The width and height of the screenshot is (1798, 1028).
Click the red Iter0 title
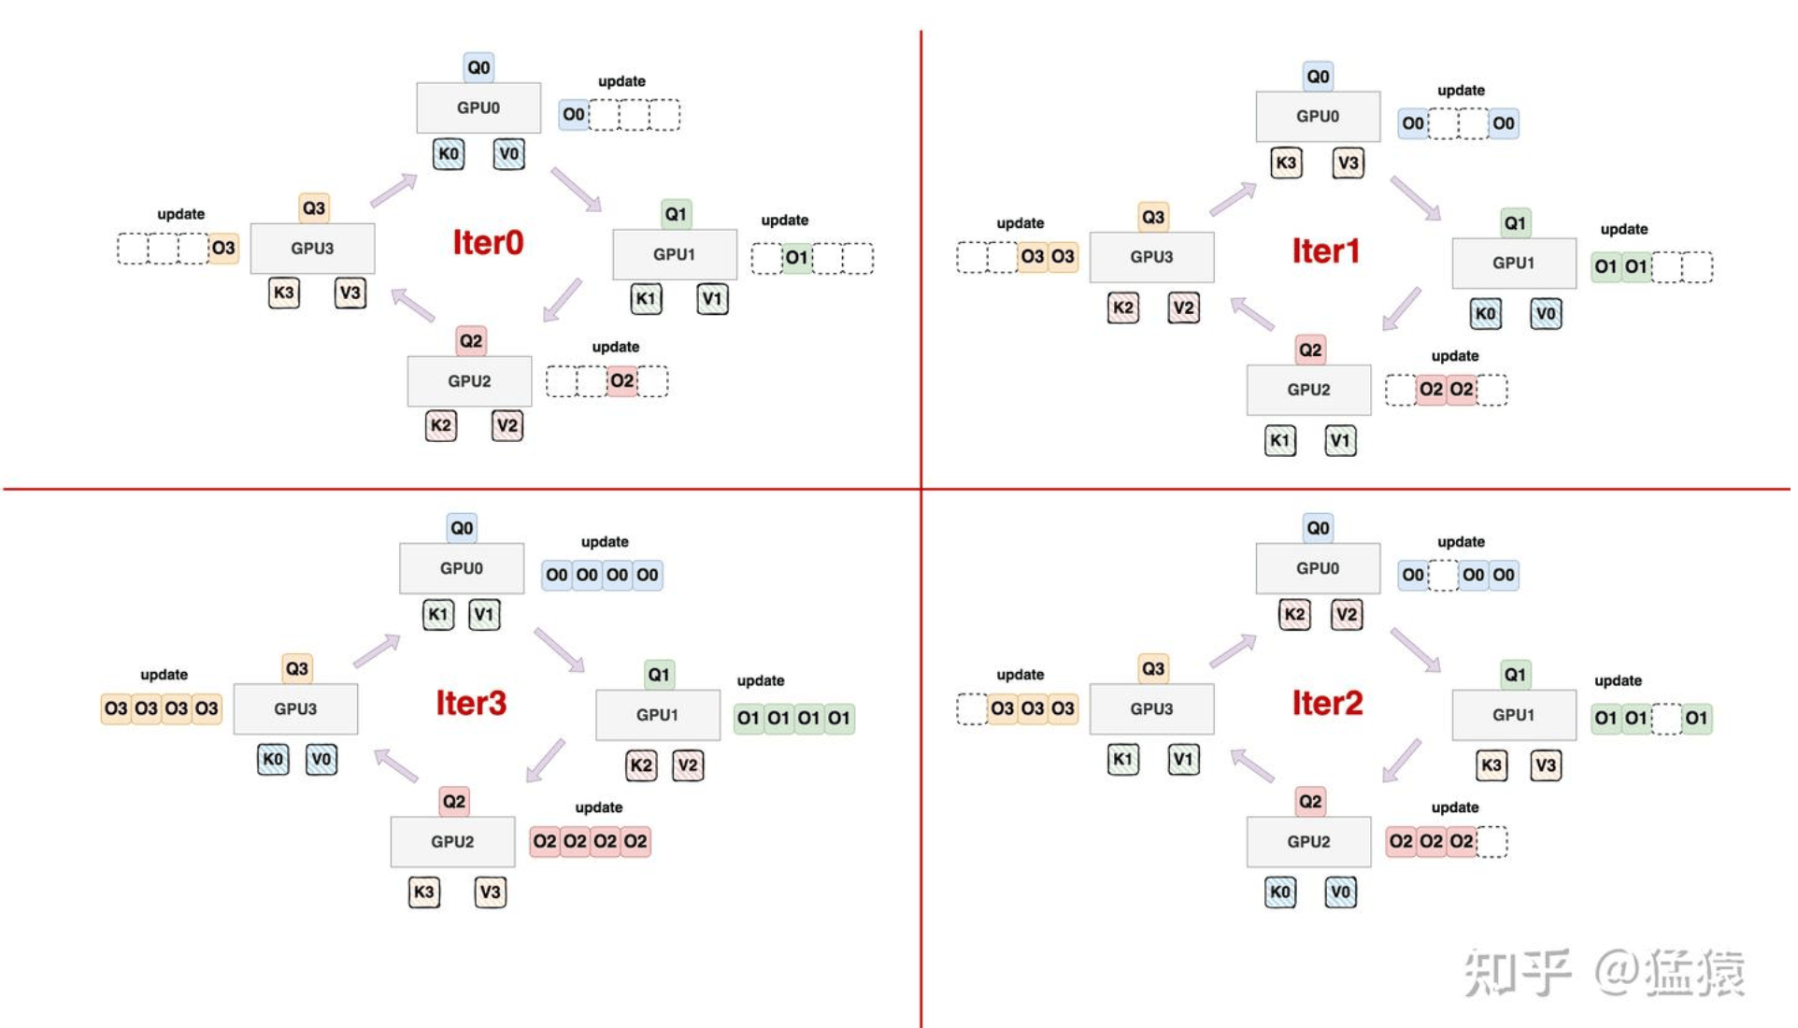pos(488,243)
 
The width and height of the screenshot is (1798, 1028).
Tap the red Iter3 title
pos(471,703)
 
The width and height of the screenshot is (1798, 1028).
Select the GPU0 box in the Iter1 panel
pos(1317,116)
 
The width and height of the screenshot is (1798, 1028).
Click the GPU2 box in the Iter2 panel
pos(1307,841)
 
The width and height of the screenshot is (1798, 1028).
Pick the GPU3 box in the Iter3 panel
pos(295,708)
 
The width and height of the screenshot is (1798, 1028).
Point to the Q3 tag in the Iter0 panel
pos(314,207)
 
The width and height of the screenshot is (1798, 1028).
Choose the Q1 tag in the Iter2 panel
pos(1514,675)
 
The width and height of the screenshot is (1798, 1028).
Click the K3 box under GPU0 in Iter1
pos(1286,163)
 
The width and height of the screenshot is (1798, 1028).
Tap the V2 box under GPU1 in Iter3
pos(688,765)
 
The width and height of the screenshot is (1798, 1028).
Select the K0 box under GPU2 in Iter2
pos(1279,892)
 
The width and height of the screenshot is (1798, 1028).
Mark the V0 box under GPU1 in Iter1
pos(1546,314)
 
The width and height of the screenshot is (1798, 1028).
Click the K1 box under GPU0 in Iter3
pos(437,614)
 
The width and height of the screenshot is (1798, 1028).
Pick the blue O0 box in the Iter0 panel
pos(573,115)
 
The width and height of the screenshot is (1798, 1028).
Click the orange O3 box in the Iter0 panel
pos(222,249)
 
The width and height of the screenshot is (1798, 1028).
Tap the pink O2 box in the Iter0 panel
pos(621,381)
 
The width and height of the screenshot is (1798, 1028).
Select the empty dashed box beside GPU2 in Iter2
pos(1492,841)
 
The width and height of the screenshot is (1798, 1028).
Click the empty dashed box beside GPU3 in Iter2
pos(972,708)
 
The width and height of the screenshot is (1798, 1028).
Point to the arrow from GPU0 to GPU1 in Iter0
pos(576,189)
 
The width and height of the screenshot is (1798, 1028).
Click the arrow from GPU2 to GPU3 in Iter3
pos(396,765)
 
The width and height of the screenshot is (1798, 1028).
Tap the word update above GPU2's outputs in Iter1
pos(1454,356)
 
